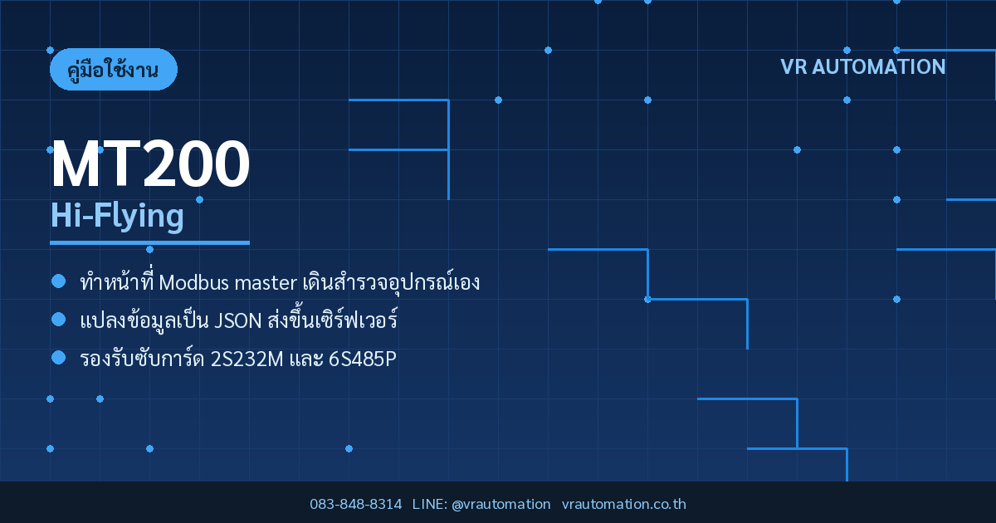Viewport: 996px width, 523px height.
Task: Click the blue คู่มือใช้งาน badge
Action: coord(114,70)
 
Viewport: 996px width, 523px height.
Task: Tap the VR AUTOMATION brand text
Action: coord(862,66)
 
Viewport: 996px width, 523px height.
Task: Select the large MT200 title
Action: coord(150,164)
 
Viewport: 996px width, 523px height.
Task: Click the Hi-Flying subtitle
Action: coord(117,216)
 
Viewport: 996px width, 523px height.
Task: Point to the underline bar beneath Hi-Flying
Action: coord(150,242)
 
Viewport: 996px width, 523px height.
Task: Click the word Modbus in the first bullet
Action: coord(194,282)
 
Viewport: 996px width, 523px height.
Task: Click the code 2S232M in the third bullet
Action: coord(247,359)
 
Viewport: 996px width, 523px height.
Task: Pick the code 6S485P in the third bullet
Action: coord(363,359)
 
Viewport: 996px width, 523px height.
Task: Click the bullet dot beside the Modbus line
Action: coord(59,281)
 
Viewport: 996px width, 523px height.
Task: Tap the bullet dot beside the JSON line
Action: coord(59,320)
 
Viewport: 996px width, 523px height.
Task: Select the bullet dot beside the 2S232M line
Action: coord(59,358)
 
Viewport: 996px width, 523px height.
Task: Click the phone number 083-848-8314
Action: coord(356,504)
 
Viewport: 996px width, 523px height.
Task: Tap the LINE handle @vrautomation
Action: coord(501,504)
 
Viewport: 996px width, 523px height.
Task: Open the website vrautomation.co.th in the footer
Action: coord(624,504)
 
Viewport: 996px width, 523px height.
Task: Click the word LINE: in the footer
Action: coord(430,504)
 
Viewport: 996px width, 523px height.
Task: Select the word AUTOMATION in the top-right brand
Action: coord(879,66)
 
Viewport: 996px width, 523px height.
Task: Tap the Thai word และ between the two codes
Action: coord(306,359)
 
